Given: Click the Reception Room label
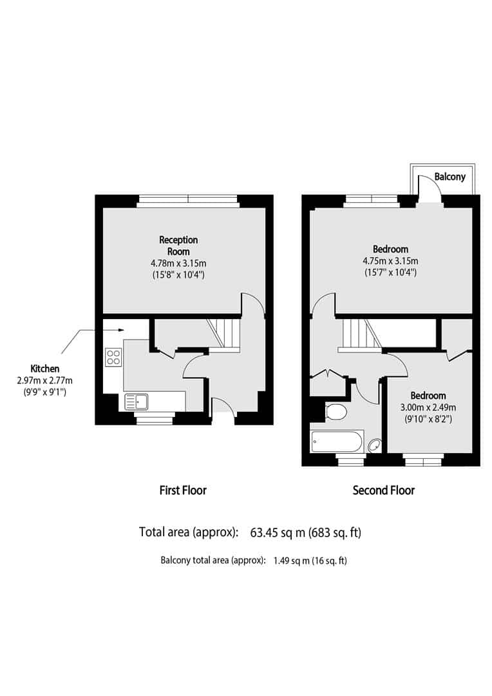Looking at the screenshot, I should [178, 246].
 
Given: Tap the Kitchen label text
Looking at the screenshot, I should [45, 369].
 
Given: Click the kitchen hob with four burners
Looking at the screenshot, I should [113, 357].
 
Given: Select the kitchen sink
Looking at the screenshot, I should [137, 401].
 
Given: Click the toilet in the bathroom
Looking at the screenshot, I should [336, 411].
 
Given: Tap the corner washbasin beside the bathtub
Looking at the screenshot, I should [374, 444].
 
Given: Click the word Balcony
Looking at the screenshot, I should [449, 177].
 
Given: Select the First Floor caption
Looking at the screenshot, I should [183, 490].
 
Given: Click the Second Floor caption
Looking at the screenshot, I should [384, 490].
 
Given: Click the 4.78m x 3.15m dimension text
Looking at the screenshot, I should [178, 263].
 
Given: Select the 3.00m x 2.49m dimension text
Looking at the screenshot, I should [428, 407].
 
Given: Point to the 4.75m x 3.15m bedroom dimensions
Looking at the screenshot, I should [391, 261].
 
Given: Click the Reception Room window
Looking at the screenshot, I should [188, 201].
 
